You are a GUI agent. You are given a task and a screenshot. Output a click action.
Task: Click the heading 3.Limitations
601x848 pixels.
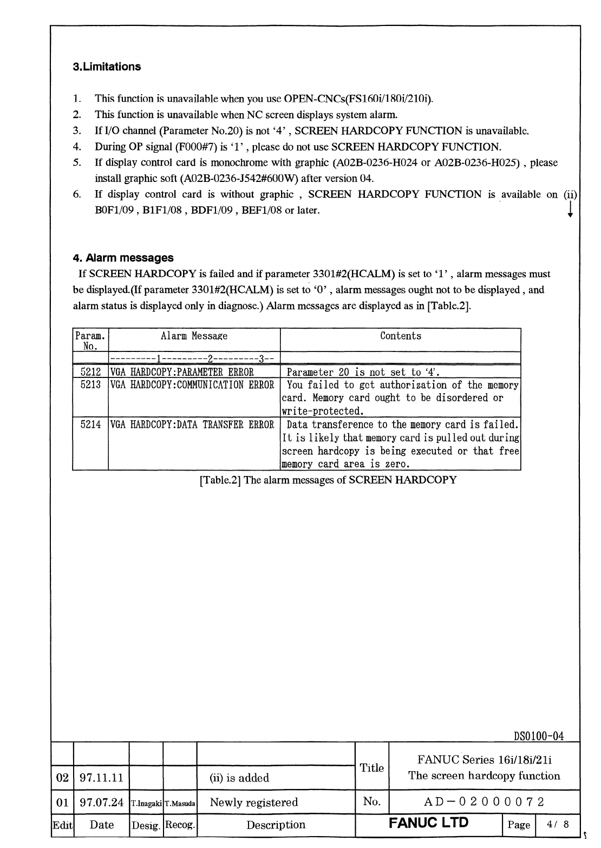tap(107, 67)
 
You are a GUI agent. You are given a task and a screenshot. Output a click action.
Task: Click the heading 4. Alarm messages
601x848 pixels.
tap(123, 258)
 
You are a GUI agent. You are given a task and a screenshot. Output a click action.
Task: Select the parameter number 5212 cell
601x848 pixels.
tap(90, 372)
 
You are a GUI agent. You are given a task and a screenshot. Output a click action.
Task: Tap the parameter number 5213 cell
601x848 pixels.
tap(90, 385)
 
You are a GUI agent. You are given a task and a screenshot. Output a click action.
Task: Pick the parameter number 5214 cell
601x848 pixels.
tap(90, 425)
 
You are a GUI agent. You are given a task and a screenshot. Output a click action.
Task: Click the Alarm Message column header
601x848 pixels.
tap(194, 336)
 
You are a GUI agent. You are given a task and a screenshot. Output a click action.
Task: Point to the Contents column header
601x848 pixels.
tap(400, 336)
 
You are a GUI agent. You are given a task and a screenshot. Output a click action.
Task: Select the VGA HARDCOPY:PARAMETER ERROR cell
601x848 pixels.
tap(182, 372)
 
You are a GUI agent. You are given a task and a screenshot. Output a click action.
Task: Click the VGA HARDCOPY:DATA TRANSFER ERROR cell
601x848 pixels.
tap(192, 425)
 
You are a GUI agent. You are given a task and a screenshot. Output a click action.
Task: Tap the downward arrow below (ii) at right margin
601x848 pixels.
tap(570, 210)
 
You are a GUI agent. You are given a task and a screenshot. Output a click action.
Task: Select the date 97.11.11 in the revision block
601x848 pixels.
tap(102, 778)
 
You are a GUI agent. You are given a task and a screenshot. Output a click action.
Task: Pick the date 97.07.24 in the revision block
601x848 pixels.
tap(102, 802)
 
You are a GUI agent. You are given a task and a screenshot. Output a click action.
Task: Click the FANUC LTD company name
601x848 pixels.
tap(428, 824)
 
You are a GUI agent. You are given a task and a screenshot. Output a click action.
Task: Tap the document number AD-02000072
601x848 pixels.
tap(484, 801)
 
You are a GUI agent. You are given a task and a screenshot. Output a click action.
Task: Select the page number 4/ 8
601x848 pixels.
tap(558, 825)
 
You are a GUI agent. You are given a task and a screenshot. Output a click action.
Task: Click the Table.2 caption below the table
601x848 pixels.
tap(328, 480)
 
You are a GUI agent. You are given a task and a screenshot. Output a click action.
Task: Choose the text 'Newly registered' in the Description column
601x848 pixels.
tap(253, 802)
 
